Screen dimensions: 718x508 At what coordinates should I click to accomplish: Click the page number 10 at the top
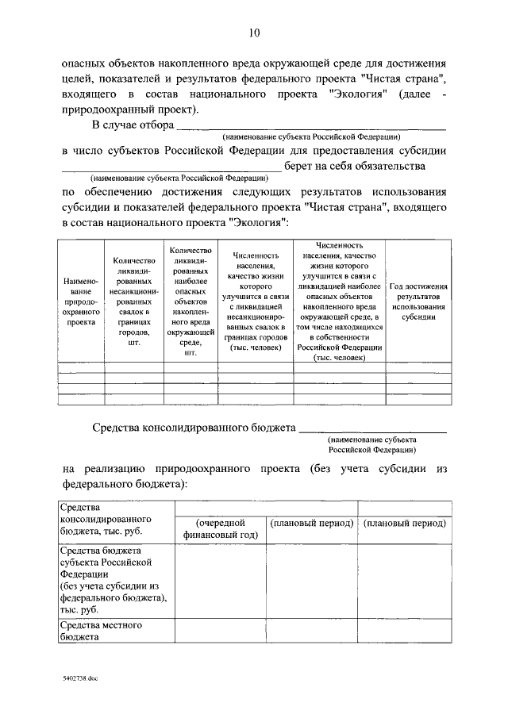[254, 33]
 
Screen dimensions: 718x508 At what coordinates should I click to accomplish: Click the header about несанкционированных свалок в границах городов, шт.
[133, 302]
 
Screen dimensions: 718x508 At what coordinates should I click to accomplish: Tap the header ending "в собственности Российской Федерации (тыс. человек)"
[338, 302]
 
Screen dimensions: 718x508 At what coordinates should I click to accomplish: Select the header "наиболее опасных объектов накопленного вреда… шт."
[190, 302]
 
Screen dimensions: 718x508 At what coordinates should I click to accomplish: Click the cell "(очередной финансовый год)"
[220, 529]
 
